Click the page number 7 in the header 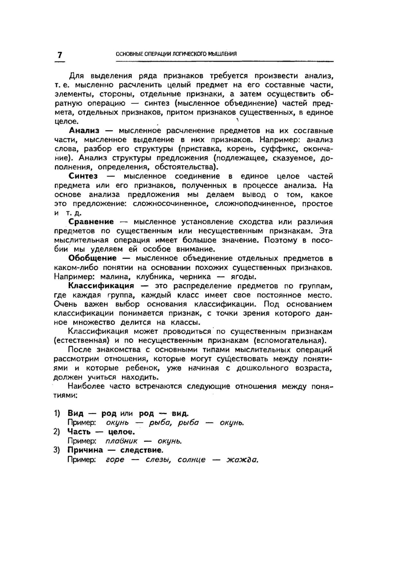point(60,55)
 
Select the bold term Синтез point(83,176)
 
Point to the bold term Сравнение point(91,222)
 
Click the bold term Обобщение point(93,258)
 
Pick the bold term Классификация point(101,286)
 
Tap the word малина point(115,277)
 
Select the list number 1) point(57,413)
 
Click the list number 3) point(57,450)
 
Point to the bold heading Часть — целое point(101,431)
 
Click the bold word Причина point(85,450)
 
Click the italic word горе point(115,460)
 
